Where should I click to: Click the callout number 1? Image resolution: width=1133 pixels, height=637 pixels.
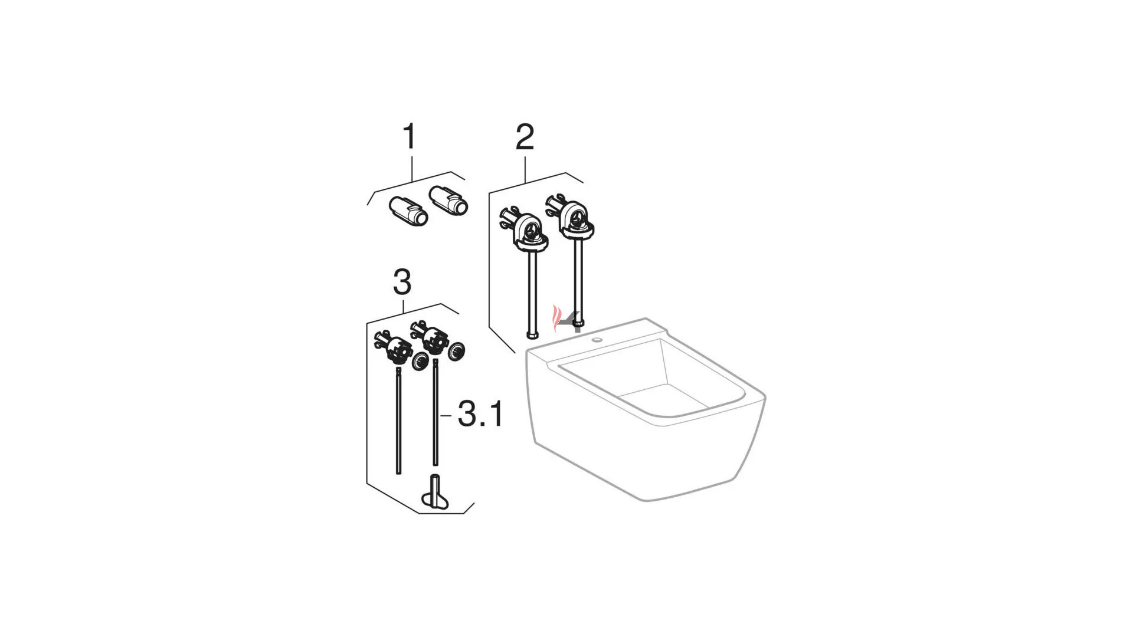click(409, 136)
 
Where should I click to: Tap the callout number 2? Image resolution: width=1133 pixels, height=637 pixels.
click(525, 137)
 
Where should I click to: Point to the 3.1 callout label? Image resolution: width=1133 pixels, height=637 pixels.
click(481, 414)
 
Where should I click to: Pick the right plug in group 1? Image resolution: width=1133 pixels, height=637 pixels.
click(448, 199)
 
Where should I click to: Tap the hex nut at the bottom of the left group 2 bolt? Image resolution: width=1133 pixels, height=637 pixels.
click(532, 335)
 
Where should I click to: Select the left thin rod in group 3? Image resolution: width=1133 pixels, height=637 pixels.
click(398, 420)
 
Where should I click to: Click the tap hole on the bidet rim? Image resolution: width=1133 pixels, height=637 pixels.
click(598, 340)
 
